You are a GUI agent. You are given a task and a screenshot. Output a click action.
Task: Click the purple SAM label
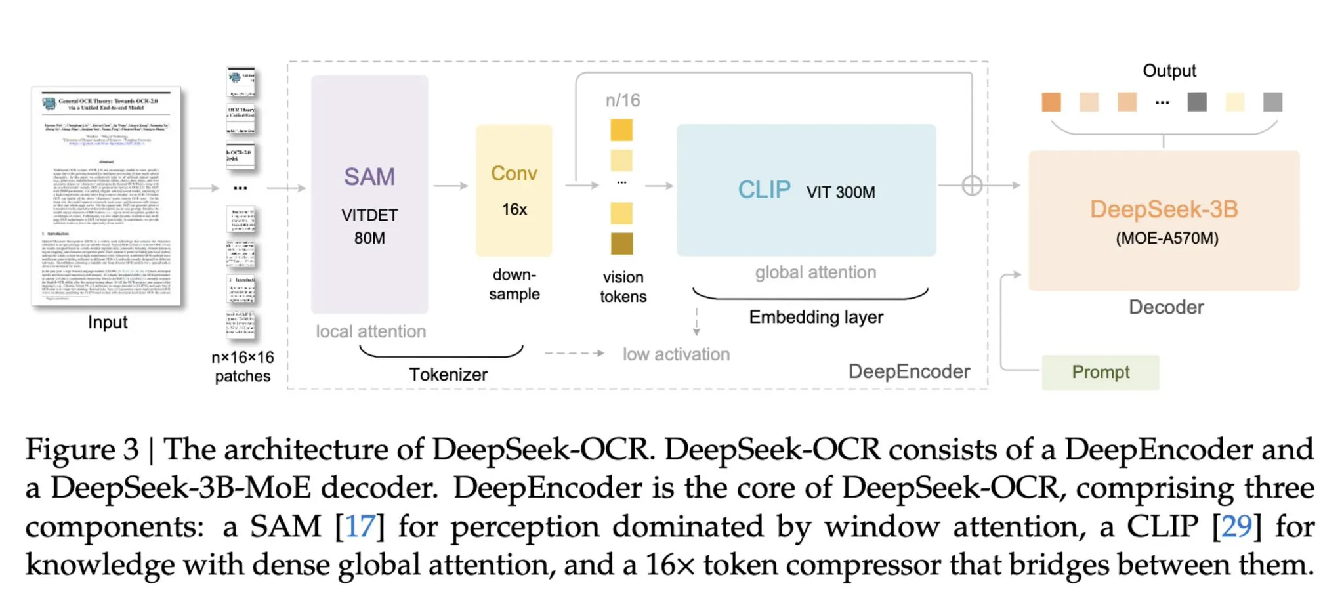click(369, 177)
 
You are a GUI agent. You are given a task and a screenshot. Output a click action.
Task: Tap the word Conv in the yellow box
click(514, 173)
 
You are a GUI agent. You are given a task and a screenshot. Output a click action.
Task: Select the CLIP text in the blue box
click(764, 190)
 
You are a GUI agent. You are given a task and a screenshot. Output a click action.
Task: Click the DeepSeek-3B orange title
click(1164, 209)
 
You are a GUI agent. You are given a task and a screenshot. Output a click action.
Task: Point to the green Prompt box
click(1100, 372)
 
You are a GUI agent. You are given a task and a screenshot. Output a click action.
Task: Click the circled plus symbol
click(972, 186)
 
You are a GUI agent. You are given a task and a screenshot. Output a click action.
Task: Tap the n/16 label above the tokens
click(622, 100)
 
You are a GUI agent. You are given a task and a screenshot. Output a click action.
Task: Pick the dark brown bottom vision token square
click(621, 244)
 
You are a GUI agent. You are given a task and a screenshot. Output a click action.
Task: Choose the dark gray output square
click(1196, 102)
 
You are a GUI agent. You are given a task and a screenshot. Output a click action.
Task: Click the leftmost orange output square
click(1051, 102)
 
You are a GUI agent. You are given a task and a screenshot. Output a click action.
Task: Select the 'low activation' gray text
click(676, 354)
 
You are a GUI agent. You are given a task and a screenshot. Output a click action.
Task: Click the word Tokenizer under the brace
click(448, 375)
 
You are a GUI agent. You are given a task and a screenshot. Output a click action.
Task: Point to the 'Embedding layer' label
click(816, 317)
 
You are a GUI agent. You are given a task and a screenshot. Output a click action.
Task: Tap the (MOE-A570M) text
click(1167, 238)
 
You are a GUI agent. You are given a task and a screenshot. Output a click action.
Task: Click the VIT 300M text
click(841, 192)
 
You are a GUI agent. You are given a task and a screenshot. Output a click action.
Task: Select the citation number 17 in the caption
click(360, 526)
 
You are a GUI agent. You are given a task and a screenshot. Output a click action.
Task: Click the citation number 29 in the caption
click(1236, 526)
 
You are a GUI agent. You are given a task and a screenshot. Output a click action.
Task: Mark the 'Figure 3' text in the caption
click(82, 450)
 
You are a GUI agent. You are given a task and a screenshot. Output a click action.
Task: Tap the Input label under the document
click(108, 322)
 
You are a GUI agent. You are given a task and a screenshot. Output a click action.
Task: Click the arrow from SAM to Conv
click(450, 186)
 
